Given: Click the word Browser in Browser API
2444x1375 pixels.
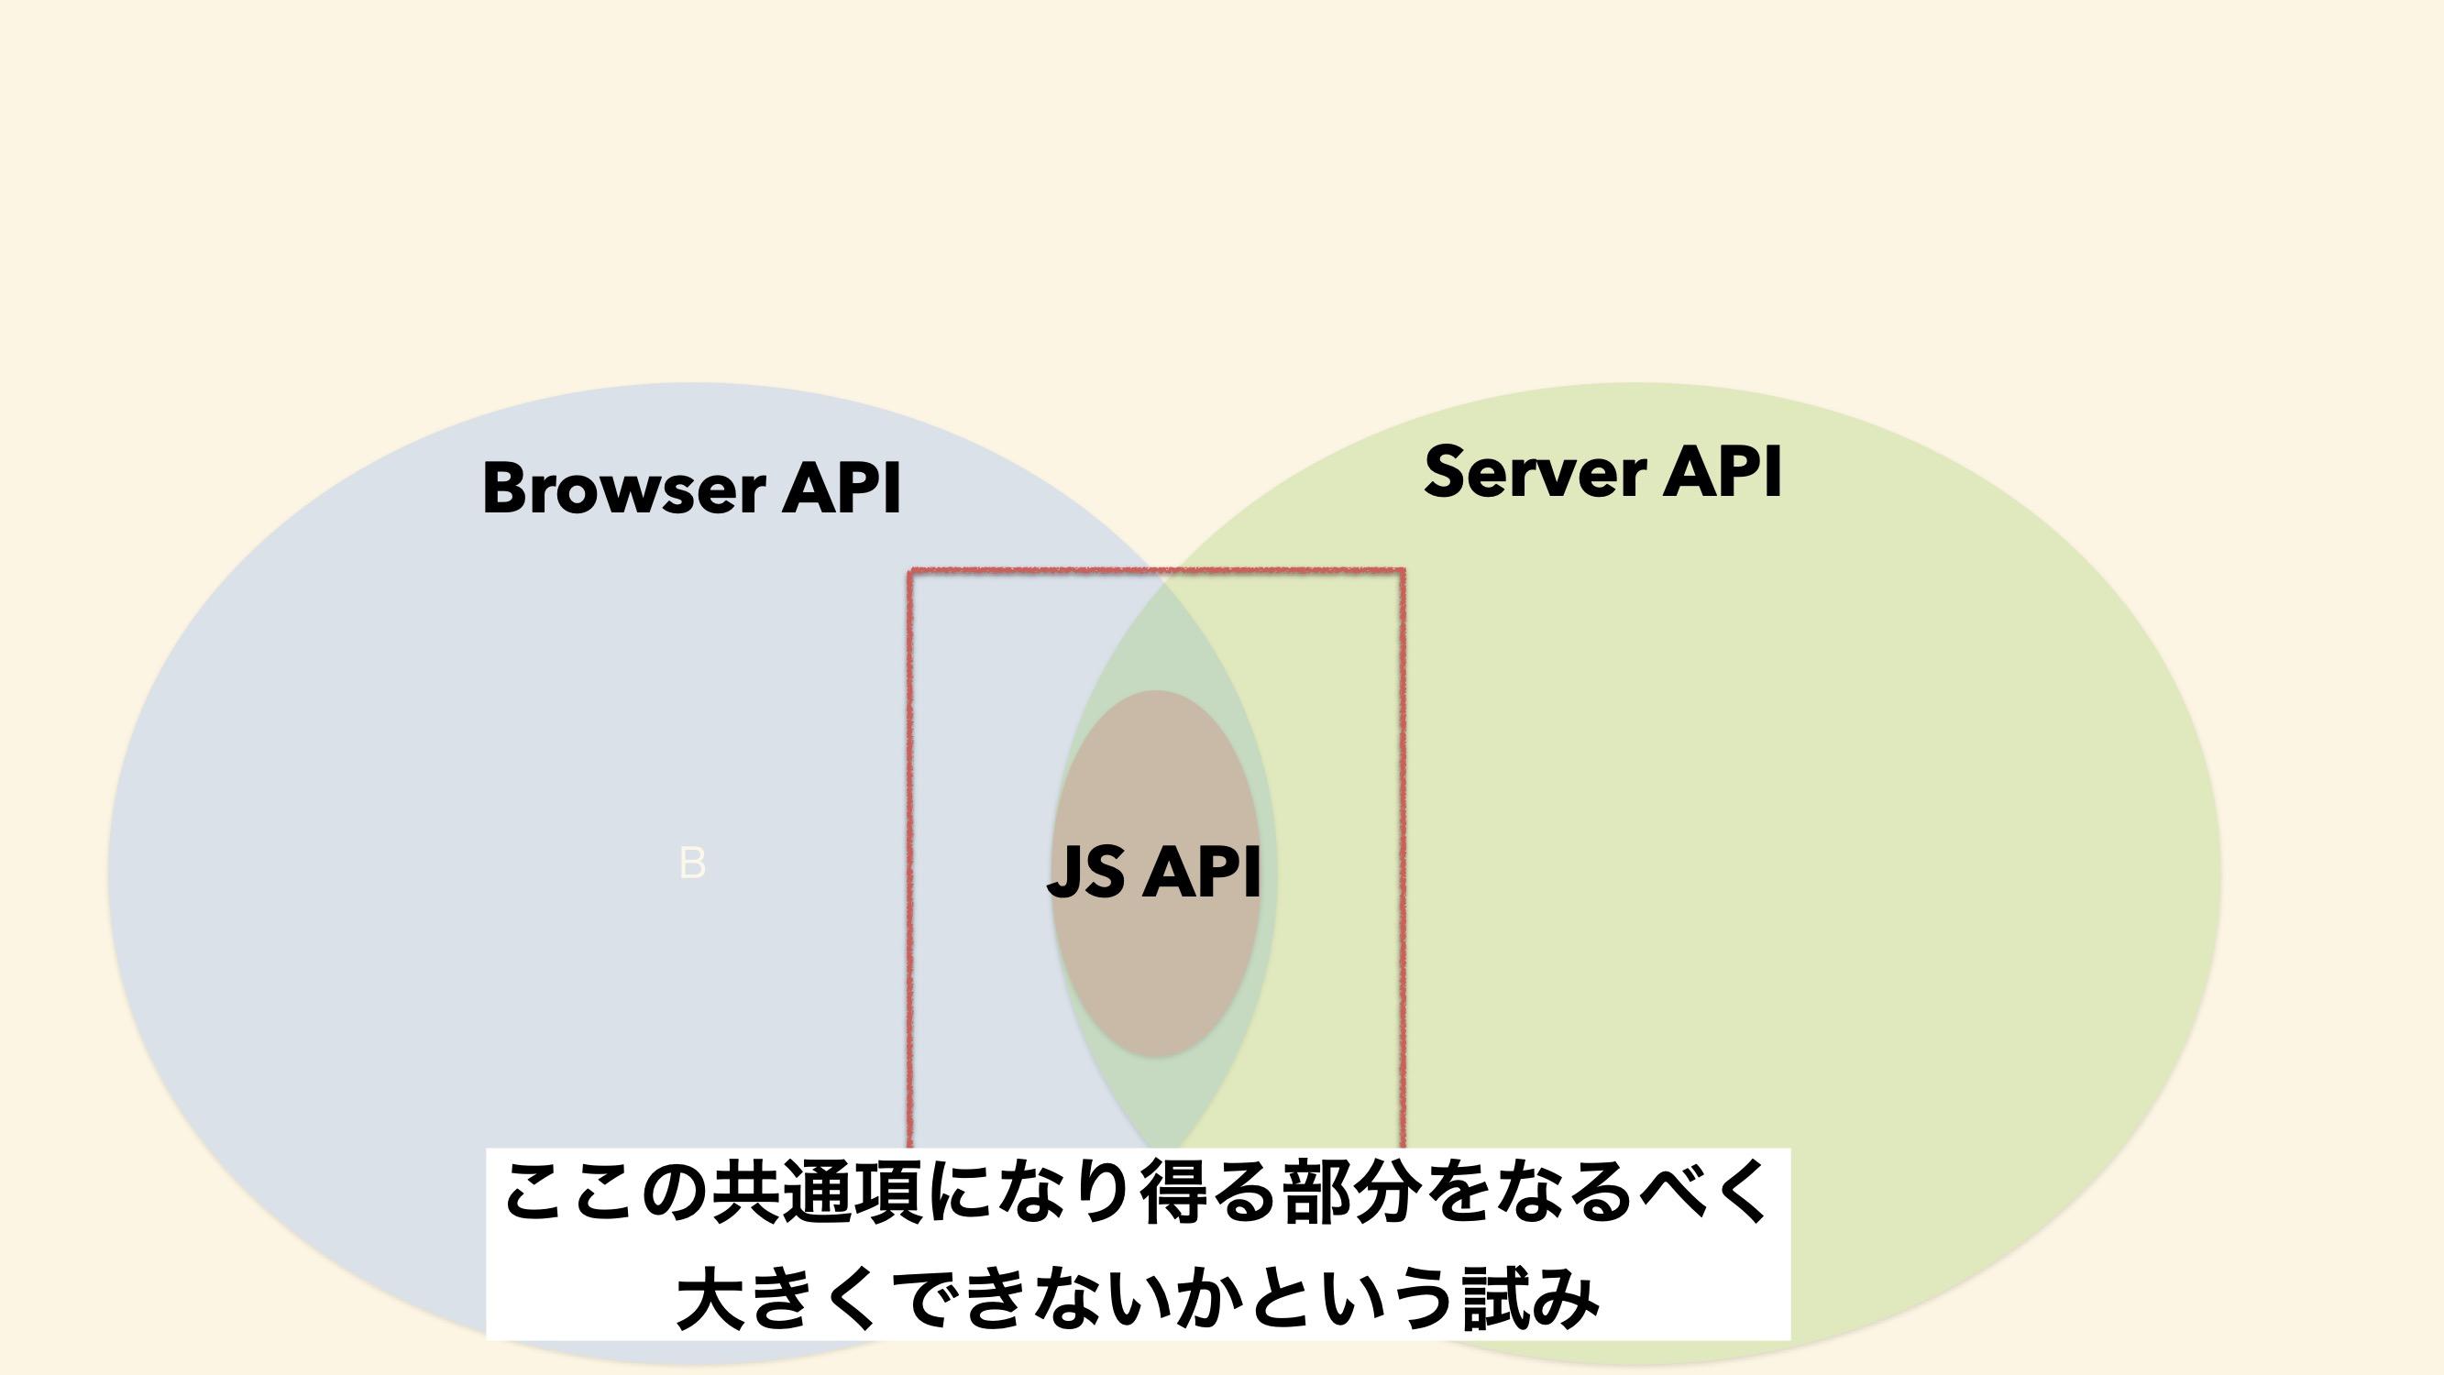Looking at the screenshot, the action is (623, 488).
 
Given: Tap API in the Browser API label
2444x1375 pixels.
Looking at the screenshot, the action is (841, 488).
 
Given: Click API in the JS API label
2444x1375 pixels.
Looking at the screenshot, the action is (1201, 871).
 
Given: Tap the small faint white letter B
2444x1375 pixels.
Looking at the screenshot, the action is (693, 863).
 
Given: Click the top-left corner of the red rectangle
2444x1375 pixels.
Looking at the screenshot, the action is (911, 571).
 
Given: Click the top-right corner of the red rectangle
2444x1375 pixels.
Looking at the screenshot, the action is (1403, 571).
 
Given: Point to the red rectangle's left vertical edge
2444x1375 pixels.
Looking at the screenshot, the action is (911, 860).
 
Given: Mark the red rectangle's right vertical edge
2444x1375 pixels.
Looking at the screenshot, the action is (1403, 860).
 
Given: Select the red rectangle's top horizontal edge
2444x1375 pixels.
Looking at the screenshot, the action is (1157, 571).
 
